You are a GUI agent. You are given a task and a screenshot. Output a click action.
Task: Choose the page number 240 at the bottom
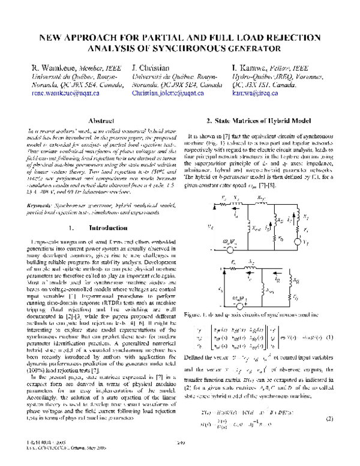pos(180,460)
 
